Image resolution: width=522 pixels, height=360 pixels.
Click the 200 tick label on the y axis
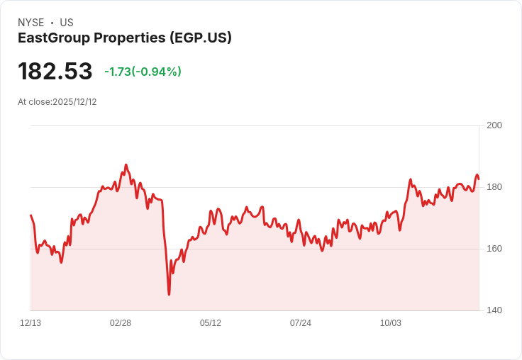pos(494,125)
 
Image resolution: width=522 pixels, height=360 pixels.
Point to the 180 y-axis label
pos(494,187)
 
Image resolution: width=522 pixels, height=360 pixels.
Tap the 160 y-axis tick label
pos(494,249)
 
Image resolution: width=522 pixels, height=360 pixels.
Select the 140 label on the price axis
pos(494,310)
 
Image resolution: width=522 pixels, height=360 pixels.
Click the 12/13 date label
pos(30,323)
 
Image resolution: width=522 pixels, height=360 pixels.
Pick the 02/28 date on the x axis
pos(121,323)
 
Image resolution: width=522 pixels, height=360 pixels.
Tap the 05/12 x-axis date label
pos(211,323)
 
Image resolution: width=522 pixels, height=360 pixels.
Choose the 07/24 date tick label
pos(301,323)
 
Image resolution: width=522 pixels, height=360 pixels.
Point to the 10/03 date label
pos(391,323)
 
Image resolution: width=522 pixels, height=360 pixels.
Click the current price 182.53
pos(55,71)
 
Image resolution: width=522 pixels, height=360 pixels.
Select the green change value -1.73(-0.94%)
pos(143,72)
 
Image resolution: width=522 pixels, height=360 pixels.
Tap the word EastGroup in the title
pos(54,38)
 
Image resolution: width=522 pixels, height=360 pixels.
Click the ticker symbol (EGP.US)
pos(201,38)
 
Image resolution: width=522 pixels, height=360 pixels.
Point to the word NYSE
pos(31,23)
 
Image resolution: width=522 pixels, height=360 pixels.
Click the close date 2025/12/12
pos(74,102)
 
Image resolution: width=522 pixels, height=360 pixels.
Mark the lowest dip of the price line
pos(169,295)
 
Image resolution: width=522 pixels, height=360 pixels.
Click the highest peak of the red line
pos(126,164)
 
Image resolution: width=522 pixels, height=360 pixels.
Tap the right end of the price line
pos(479,179)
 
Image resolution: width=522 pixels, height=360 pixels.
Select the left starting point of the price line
pos(30,215)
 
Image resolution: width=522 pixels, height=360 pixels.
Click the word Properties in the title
pos(130,38)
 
